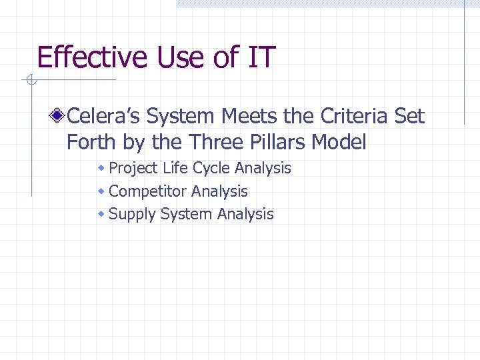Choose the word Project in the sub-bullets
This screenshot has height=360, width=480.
tap(133, 168)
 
